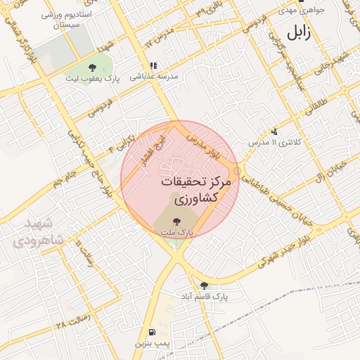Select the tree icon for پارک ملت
pos(176,221)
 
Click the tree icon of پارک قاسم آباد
pos(204,285)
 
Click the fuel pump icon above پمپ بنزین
pos(152,333)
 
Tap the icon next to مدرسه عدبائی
pos(153,66)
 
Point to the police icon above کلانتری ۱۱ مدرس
pos(274,131)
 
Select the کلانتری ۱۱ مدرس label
pos(274,142)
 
